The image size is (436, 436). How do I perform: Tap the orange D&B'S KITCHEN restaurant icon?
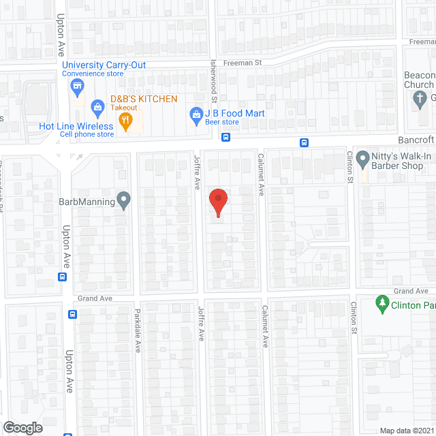(x=125, y=122)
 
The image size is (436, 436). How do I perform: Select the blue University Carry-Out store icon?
(x=77, y=86)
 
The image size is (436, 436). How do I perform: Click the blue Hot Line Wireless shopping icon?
(x=97, y=107)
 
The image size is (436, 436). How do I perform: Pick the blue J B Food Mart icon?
(x=196, y=114)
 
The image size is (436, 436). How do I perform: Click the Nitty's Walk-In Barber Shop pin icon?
(x=362, y=157)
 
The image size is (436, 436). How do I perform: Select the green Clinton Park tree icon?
(x=381, y=302)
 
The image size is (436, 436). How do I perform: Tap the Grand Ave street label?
(x=93, y=298)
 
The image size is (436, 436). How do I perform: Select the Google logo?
(x=22, y=427)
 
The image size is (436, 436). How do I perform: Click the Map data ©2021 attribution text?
(x=406, y=431)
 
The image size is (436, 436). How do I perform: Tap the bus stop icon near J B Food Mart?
(x=225, y=137)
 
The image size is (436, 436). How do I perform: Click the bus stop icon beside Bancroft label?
(x=305, y=142)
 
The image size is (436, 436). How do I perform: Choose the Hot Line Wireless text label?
(x=76, y=126)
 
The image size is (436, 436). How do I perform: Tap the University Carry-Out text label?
(x=104, y=65)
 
